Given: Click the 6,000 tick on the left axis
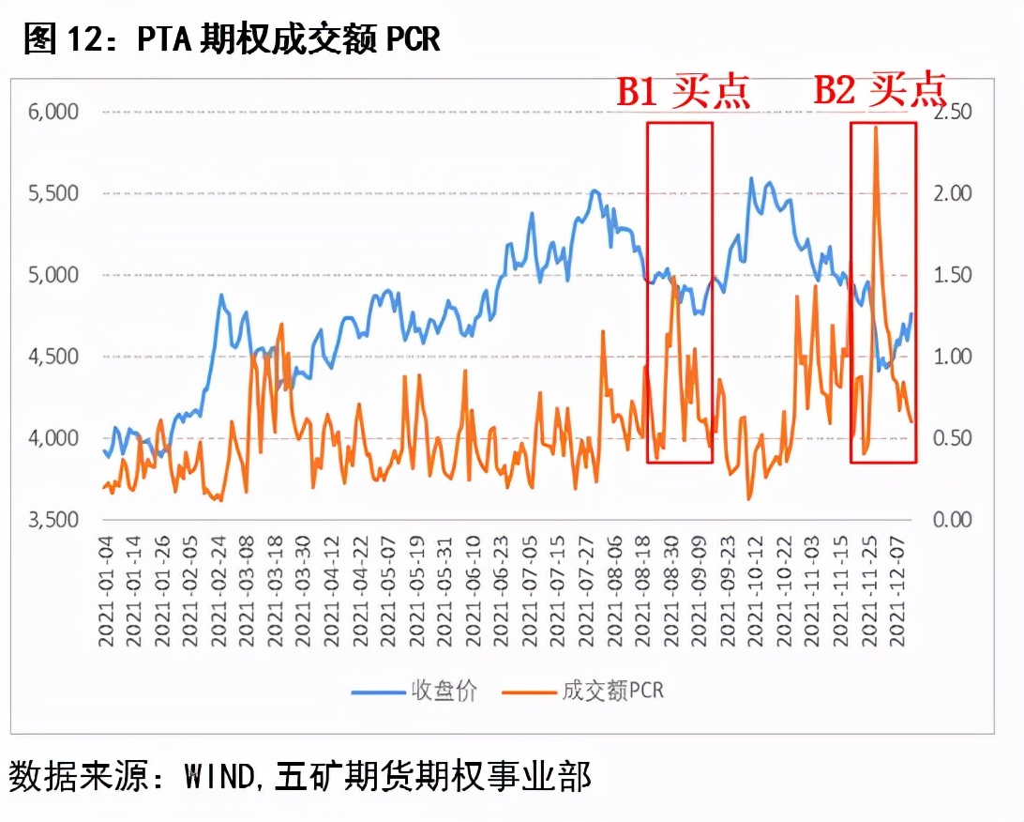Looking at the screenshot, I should coord(54,112).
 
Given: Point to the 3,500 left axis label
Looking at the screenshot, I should coord(54,520).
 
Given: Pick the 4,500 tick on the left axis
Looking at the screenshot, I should coord(54,357).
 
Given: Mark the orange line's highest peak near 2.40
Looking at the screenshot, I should coord(875,127).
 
